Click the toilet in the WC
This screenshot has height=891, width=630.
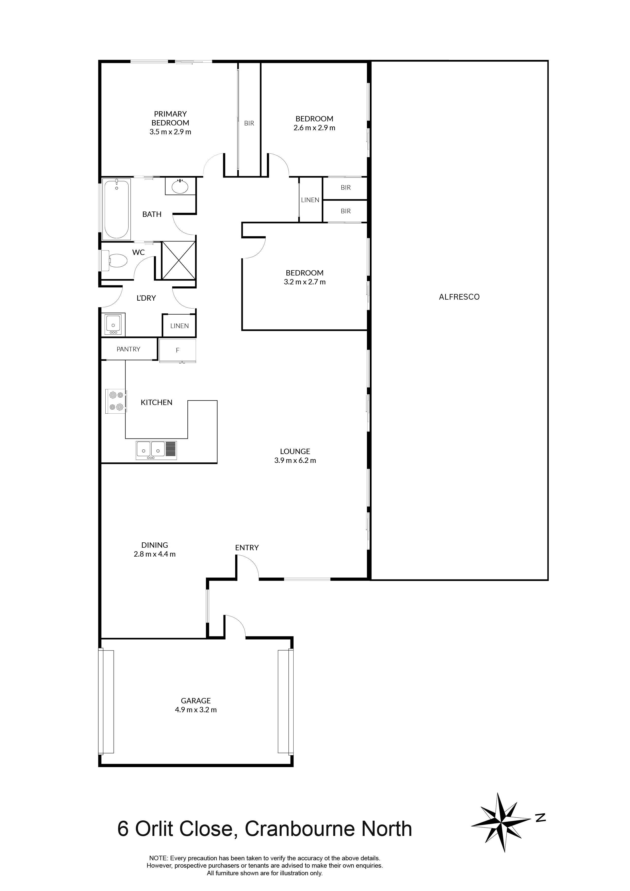pyautogui.click(x=115, y=260)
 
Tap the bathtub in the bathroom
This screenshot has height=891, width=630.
pyautogui.click(x=117, y=209)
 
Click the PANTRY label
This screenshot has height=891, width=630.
pyautogui.click(x=128, y=349)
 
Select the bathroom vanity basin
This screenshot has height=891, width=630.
pyautogui.click(x=180, y=187)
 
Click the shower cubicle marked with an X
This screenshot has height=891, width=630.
pyautogui.click(x=179, y=260)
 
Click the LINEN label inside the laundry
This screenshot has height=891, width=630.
pyautogui.click(x=179, y=326)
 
